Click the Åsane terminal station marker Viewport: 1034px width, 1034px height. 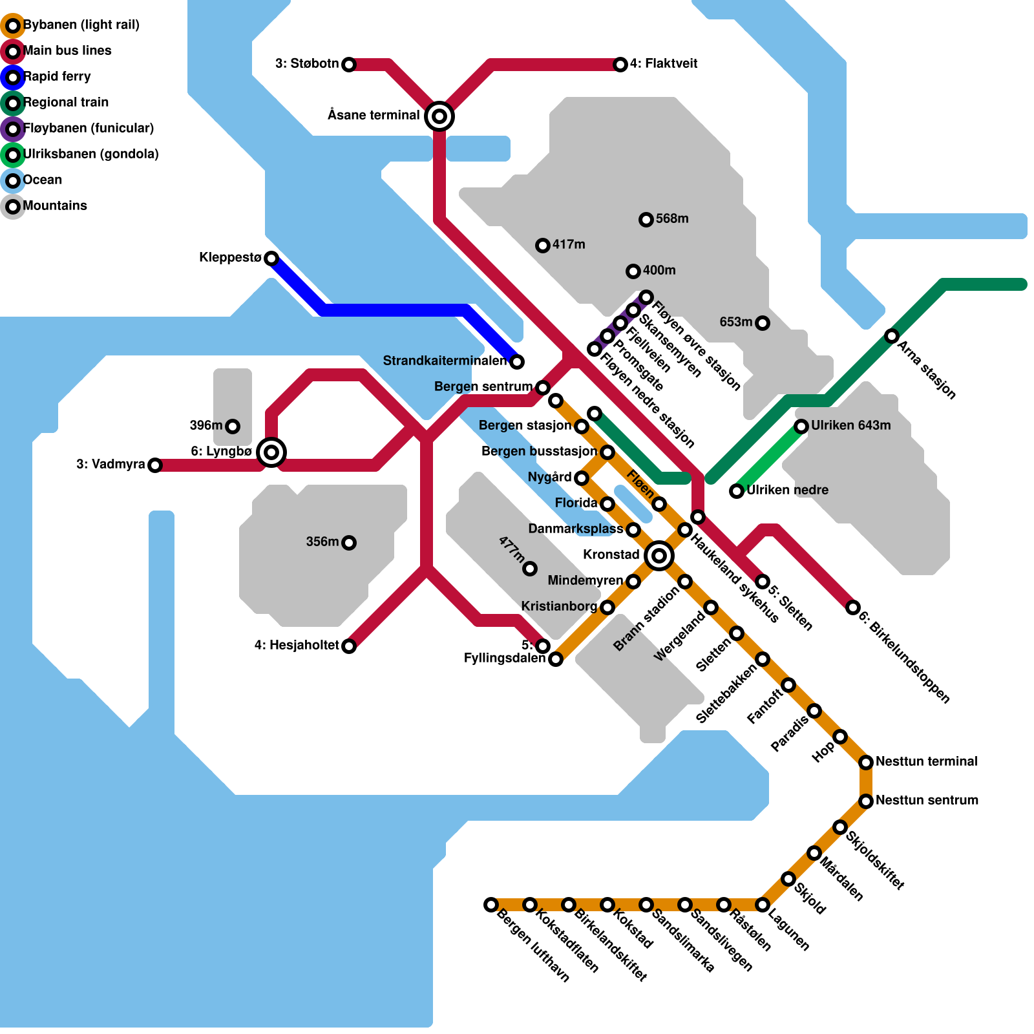[439, 116]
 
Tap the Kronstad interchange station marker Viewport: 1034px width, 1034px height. [659, 555]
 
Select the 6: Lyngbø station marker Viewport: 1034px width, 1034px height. [271, 452]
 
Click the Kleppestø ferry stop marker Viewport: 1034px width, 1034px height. [271, 258]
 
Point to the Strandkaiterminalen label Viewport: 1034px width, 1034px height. [445, 361]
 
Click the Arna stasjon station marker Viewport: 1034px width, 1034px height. [892, 336]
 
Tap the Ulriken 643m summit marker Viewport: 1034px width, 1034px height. [801, 427]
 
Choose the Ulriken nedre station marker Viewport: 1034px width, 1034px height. [737, 491]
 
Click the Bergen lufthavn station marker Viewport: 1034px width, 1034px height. [491, 905]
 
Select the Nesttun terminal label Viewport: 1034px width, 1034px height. [926, 761]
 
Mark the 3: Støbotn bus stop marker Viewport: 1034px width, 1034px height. [349, 65]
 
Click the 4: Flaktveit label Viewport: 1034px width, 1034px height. [664, 63]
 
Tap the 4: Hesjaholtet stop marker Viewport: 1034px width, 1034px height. [349, 646]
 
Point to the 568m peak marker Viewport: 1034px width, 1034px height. [646, 220]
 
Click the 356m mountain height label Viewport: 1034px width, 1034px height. [322, 542]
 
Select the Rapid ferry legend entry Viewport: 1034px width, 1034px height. [57, 76]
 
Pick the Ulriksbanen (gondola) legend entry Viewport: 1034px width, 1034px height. [90, 154]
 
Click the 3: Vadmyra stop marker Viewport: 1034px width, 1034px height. [155, 465]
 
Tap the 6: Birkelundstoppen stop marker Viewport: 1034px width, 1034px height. [853, 607]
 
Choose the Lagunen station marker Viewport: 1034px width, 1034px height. [763, 905]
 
